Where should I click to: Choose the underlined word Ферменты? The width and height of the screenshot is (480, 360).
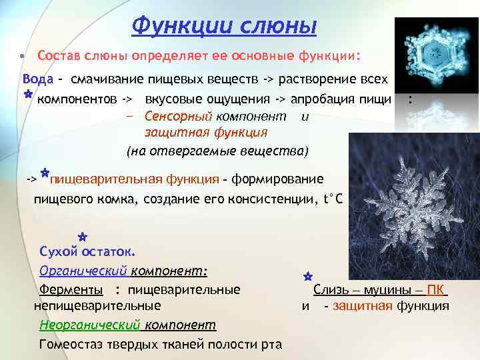coord(71,290)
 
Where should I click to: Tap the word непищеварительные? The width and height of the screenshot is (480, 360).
coord(97,306)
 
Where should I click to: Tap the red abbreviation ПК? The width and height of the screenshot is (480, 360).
coord(436,290)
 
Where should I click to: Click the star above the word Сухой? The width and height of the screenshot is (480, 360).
coord(80,237)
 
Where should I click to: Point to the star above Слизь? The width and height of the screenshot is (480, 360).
coord(308,275)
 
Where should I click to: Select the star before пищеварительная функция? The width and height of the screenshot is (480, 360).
coord(44,174)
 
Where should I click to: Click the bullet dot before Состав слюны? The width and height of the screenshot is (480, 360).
coord(22,54)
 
